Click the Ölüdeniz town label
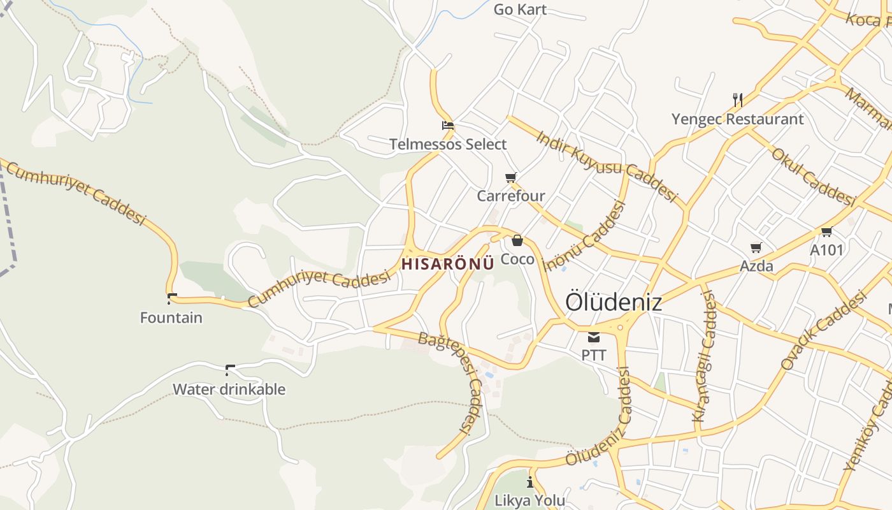click(614, 302)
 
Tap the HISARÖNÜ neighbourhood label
click(448, 264)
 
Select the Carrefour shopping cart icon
click(510, 177)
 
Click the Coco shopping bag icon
click(517, 240)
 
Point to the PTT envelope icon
click(594, 337)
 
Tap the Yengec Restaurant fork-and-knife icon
click(738, 99)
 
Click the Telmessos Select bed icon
click(448, 125)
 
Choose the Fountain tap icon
click(171, 298)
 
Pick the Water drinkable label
click(229, 389)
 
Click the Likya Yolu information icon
click(529, 482)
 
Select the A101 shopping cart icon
click(826, 231)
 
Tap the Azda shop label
click(756, 266)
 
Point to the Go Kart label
click(520, 10)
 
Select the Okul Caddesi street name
click(812, 177)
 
